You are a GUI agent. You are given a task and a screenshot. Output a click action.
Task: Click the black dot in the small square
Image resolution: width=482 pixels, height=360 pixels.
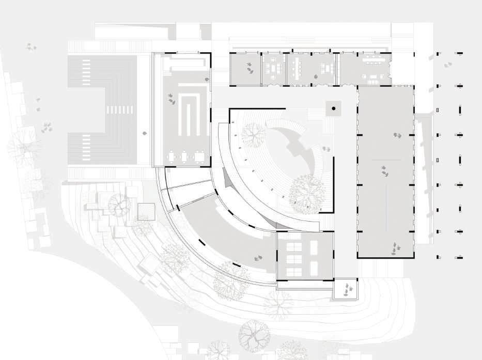(334, 108)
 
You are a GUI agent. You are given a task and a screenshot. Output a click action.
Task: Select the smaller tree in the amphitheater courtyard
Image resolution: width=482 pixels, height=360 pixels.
(253, 134)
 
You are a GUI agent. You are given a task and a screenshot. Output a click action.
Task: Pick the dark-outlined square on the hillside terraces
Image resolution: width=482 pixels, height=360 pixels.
(146, 212)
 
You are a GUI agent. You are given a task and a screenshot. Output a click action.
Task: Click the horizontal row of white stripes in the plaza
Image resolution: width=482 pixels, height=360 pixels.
(119, 109)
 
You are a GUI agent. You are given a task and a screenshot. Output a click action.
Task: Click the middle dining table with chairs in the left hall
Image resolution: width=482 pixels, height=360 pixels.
(186, 155)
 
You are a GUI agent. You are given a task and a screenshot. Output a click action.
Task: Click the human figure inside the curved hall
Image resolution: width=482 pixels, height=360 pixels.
(257, 257)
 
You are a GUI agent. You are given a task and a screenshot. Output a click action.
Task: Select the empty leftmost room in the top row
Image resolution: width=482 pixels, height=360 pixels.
(245, 69)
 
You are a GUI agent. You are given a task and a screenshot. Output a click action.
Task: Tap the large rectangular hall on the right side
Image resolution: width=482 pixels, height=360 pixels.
(385, 171)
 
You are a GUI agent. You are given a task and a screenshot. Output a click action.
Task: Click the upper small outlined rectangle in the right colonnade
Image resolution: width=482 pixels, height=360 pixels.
(438, 110)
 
